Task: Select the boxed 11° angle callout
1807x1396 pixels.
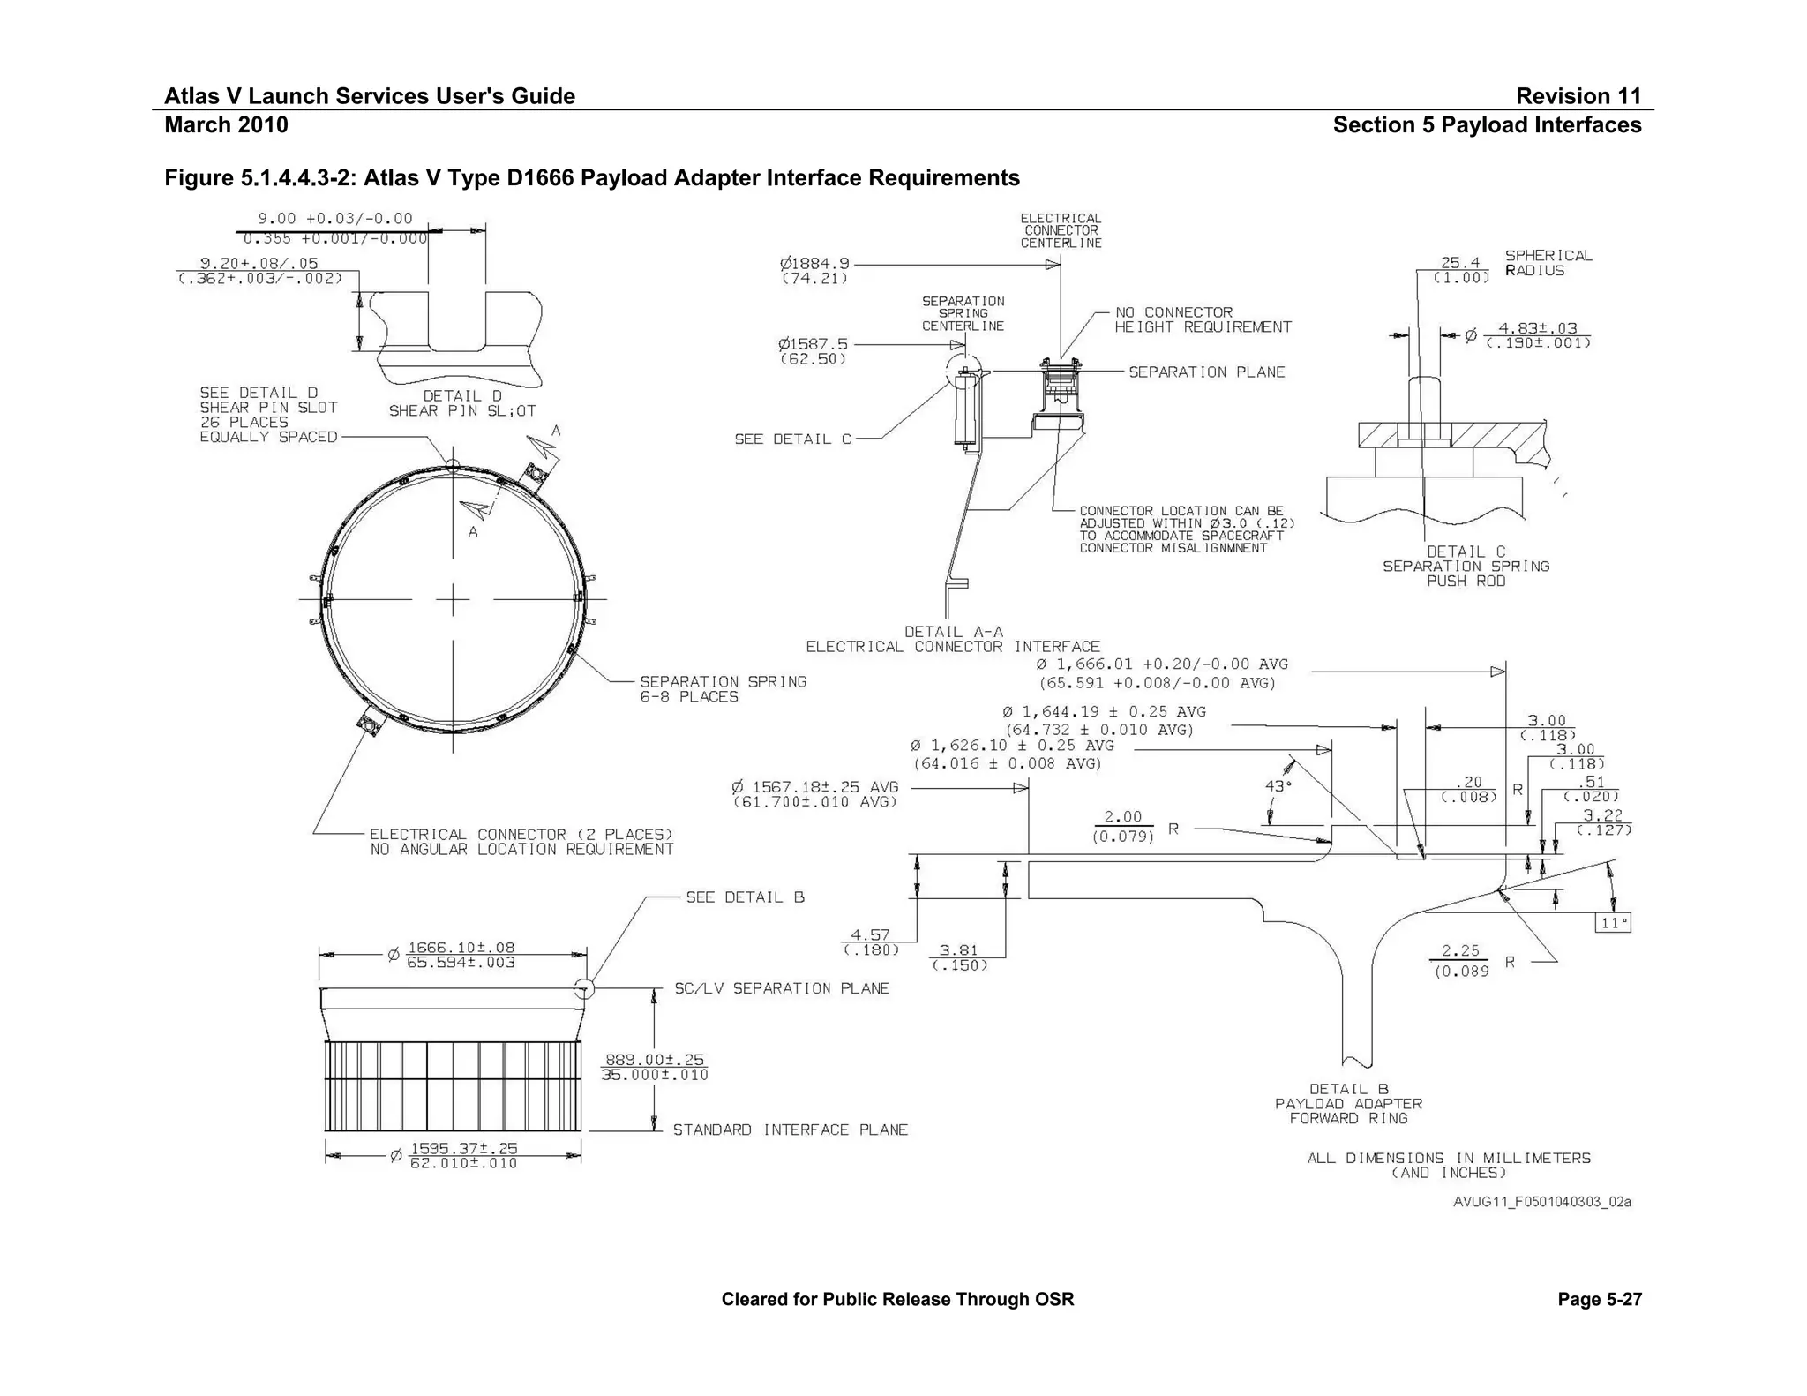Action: point(1613,923)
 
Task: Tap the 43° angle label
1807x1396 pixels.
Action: point(1278,785)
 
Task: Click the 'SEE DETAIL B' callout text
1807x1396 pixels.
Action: point(745,897)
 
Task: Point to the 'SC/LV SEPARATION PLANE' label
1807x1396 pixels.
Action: point(782,988)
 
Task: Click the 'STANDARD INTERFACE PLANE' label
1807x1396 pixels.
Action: point(790,1130)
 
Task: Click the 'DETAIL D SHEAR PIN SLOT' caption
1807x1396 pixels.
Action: point(461,403)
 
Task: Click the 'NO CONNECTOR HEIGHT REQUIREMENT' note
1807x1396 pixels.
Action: point(1203,319)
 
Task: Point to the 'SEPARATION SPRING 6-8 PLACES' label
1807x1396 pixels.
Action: point(723,689)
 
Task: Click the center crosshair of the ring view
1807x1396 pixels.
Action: point(453,600)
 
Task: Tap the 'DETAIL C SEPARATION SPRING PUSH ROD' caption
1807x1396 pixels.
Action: point(1466,566)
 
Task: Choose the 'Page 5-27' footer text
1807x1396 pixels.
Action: point(1599,1299)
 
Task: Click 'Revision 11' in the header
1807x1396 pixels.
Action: point(1578,96)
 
